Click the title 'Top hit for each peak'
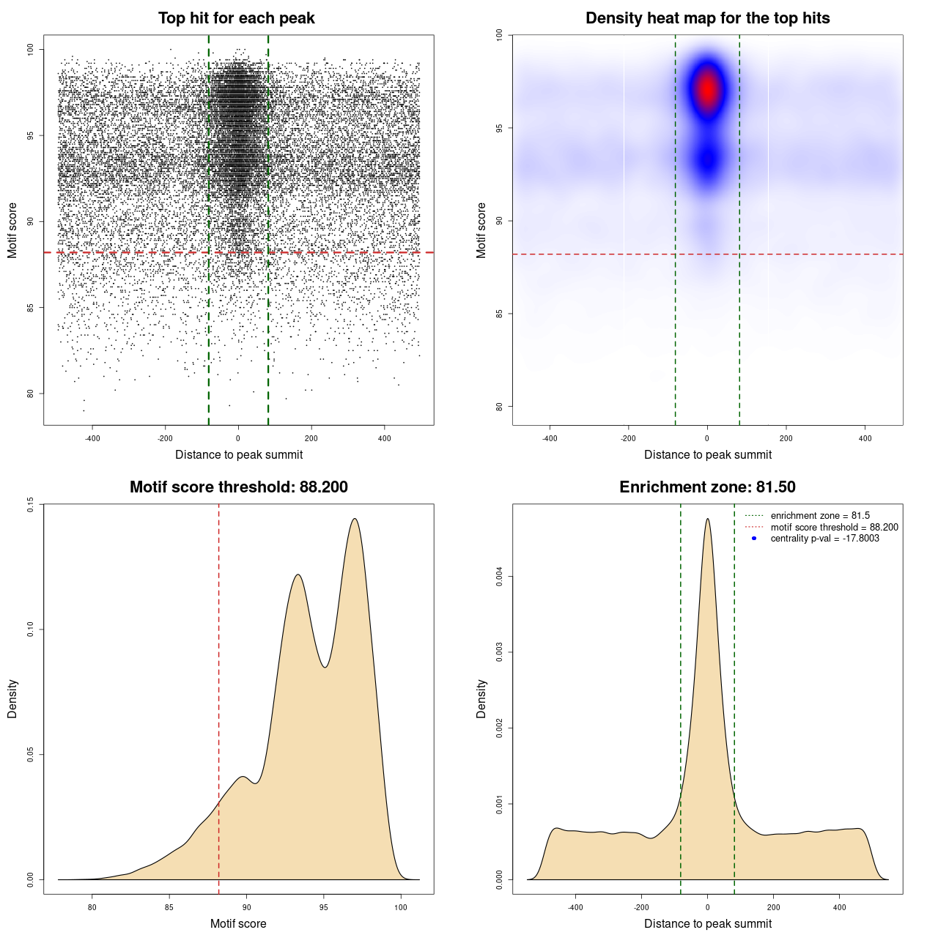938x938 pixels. coord(236,18)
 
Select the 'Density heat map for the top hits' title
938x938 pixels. coord(707,18)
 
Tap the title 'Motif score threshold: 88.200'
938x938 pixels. coord(238,487)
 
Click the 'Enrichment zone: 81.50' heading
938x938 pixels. coord(707,487)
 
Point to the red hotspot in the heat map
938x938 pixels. coord(708,89)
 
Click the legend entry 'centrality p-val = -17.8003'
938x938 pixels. coord(824,539)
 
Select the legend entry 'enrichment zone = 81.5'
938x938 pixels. coord(820,516)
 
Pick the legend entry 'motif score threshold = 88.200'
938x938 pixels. coord(834,528)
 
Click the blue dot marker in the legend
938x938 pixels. coord(754,539)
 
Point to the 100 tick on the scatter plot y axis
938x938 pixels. coord(31,49)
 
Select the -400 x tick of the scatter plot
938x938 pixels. coord(92,438)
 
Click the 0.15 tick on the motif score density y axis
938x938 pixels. coord(31,504)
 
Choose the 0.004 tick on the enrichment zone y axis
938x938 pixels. coord(500,577)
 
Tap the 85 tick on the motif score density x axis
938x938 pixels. coord(169,907)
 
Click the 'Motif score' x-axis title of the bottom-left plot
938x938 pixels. coord(238,923)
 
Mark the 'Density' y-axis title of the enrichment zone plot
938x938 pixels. coord(481,698)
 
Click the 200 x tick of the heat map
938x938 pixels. coord(786,438)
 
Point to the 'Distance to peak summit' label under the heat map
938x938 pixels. coord(707,454)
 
